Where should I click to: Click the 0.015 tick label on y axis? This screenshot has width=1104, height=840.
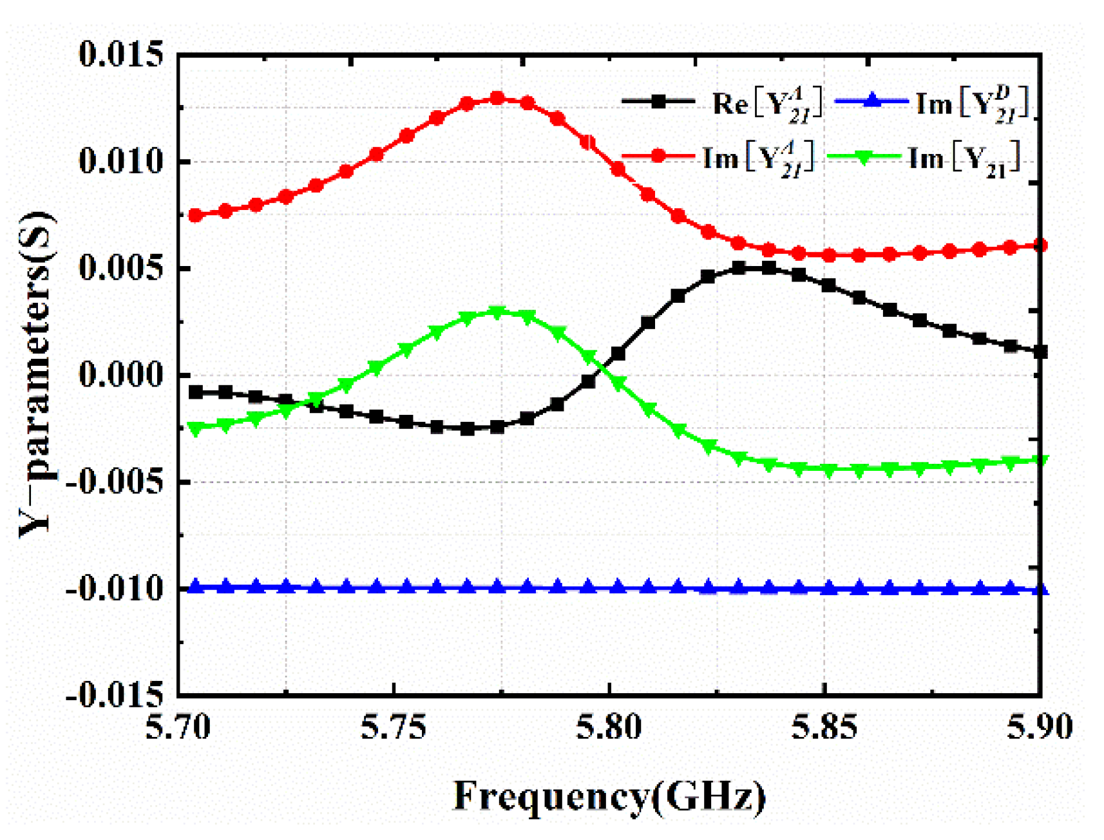click(121, 54)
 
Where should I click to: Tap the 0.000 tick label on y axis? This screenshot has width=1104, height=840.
click(121, 375)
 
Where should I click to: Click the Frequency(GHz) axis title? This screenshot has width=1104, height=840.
click(609, 796)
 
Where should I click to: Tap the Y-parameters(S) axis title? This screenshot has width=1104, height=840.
click(37, 374)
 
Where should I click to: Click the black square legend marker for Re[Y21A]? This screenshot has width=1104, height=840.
click(658, 101)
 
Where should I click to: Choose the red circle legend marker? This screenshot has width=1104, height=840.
click(658, 157)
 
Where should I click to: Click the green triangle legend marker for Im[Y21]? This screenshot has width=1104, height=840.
click(862, 157)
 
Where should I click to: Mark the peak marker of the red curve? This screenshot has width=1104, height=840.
click(497, 98)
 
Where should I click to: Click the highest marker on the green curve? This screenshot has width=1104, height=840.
click(497, 312)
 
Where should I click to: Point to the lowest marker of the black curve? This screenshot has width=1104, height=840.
click(468, 428)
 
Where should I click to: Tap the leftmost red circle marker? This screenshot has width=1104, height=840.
click(195, 215)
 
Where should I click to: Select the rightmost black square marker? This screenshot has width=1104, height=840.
click(1040, 352)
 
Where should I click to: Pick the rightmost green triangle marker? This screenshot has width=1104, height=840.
click(1040, 461)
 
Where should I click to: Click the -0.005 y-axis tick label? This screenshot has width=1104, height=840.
click(115, 482)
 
